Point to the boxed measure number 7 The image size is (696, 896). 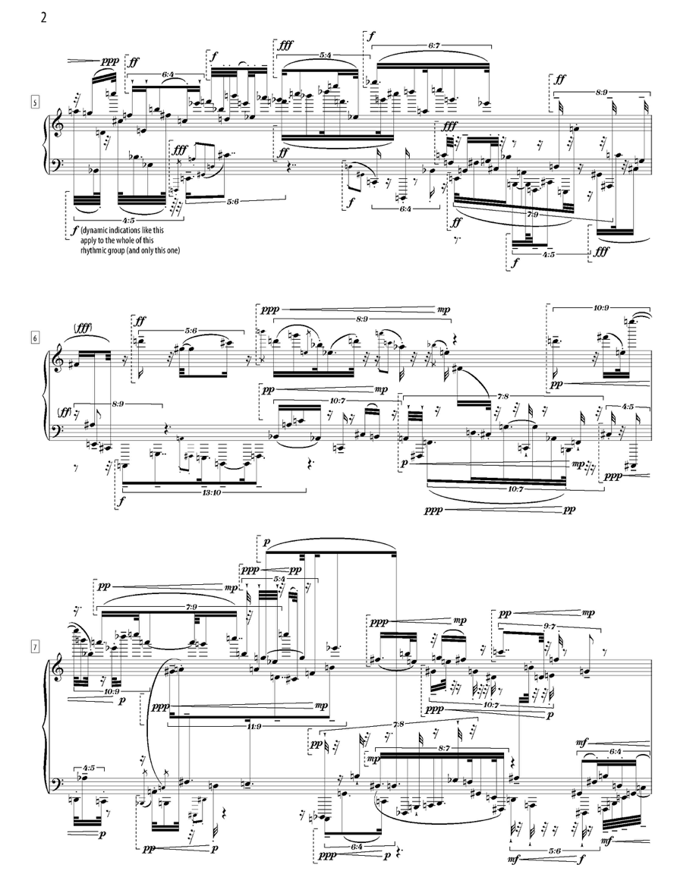(35, 648)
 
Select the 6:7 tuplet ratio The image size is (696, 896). (434, 46)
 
